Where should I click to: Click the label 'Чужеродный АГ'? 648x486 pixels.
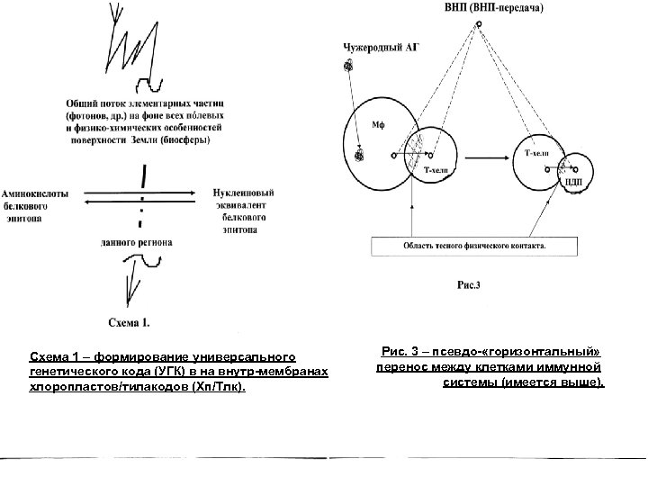point(382,46)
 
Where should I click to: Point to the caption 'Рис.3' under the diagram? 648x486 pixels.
point(469,286)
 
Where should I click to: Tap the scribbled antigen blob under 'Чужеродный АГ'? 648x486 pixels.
point(346,65)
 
